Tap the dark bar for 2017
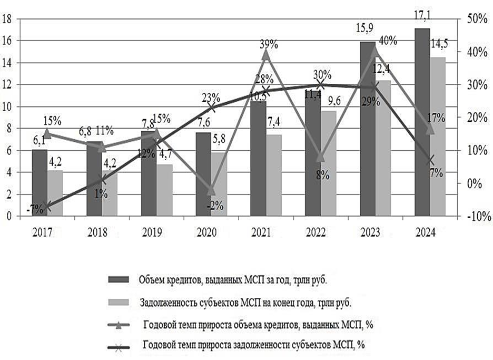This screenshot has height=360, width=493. [40, 182]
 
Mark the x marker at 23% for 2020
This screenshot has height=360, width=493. [211, 108]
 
